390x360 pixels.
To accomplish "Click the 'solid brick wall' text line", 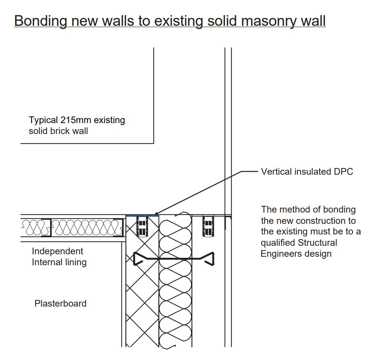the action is click(x=58, y=131).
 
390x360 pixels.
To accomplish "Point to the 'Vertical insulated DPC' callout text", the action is click(x=307, y=172).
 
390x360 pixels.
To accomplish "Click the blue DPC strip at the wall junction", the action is click(x=142, y=215).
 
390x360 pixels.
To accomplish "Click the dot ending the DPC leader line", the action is click(x=156, y=214).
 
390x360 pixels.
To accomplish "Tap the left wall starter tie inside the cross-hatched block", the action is click(x=142, y=226).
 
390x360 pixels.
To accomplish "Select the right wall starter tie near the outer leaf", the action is click(x=208, y=226).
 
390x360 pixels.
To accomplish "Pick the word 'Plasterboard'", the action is click(x=60, y=303).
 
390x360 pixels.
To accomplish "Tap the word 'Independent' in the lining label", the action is click(x=58, y=251).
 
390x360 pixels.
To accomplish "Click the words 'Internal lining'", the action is click(x=59, y=262).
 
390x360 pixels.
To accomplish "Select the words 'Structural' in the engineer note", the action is click(x=317, y=243).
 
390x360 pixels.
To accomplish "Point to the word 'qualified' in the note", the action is click(x=278, y=243).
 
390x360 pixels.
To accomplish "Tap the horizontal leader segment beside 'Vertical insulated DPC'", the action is click(x=249, y=171).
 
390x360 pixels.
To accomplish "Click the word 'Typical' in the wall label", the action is click(x=43, y=120).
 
